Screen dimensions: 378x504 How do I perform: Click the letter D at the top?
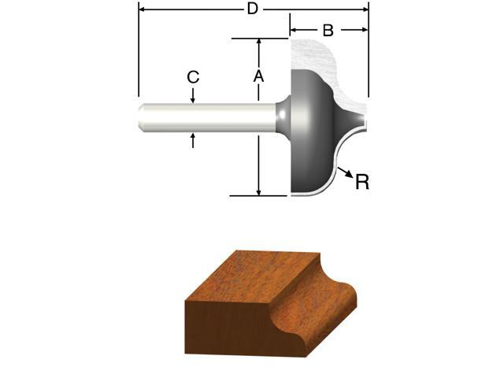tap(253, 9)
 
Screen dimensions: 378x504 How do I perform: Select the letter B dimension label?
tap(328, 31)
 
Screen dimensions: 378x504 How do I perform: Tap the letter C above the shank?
tap(193, 77)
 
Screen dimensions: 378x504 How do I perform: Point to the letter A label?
tap(258, 76)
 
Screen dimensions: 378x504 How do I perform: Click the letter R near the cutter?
tap(362, 182)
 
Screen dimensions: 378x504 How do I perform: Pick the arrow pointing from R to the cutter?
tap(343, 171)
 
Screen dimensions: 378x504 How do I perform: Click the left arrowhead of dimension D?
tap(143, 10)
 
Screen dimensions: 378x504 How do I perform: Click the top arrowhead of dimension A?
tap(258, 43)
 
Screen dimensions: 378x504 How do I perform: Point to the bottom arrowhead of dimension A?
tap(258, 191)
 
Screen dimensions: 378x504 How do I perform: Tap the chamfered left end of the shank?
tap(142, 117)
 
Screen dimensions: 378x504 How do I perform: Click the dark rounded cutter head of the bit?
tap(311, 130)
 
